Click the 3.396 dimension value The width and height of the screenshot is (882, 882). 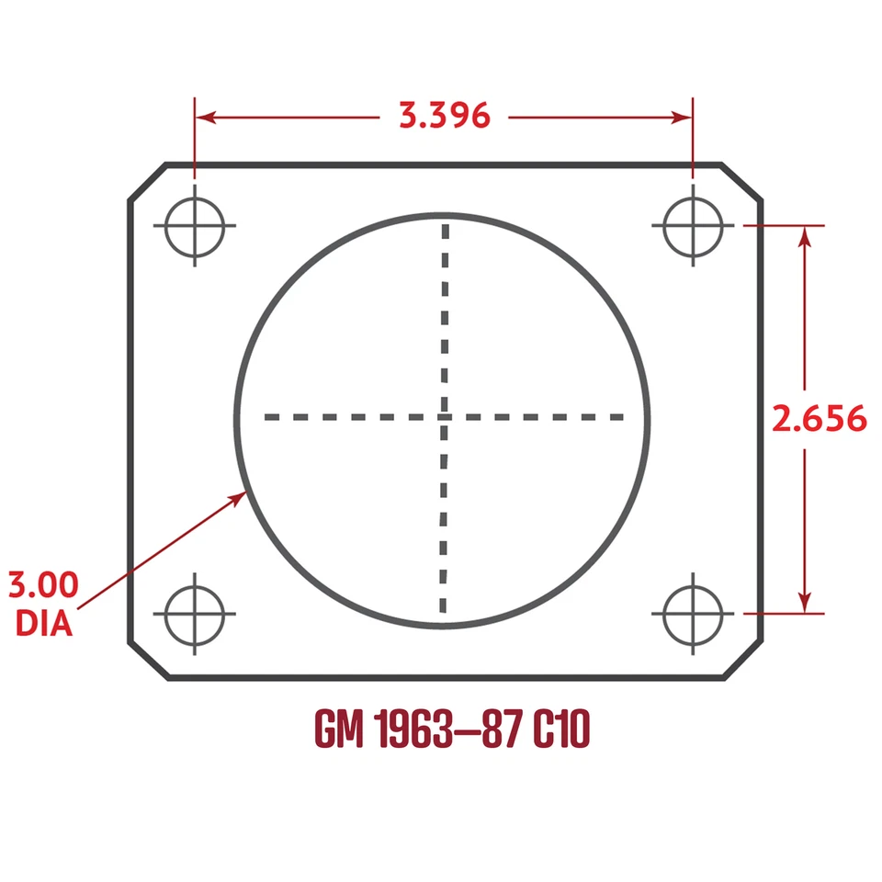tap(444, 116)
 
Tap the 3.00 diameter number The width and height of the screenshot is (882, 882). tap(43, 584)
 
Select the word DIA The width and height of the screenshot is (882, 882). tap(44, 623)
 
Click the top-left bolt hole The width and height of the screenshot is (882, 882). tap(195, 225)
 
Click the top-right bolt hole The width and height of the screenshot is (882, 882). tap(693, 225)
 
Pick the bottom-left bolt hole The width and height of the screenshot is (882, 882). tap(195, 613)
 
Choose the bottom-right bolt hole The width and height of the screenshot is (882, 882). tap(693, 613)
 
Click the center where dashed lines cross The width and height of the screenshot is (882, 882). tap(444, 417)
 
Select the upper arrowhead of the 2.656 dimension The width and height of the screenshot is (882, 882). tap(806, 236)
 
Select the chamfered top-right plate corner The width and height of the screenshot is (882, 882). tap(742, 182)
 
